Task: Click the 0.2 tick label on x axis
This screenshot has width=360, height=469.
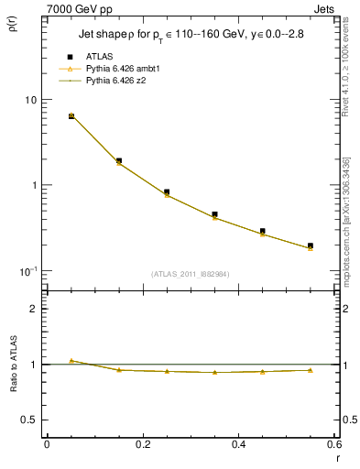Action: point(143,444)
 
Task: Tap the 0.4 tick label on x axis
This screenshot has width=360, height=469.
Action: point(239,444)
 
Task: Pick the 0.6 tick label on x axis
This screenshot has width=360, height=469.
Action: point(334,444)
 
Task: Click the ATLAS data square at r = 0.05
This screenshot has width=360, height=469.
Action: point(71,116)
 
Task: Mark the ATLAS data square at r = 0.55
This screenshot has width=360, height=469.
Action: point(311,245)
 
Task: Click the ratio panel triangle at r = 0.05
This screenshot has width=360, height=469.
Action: point(71,361)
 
